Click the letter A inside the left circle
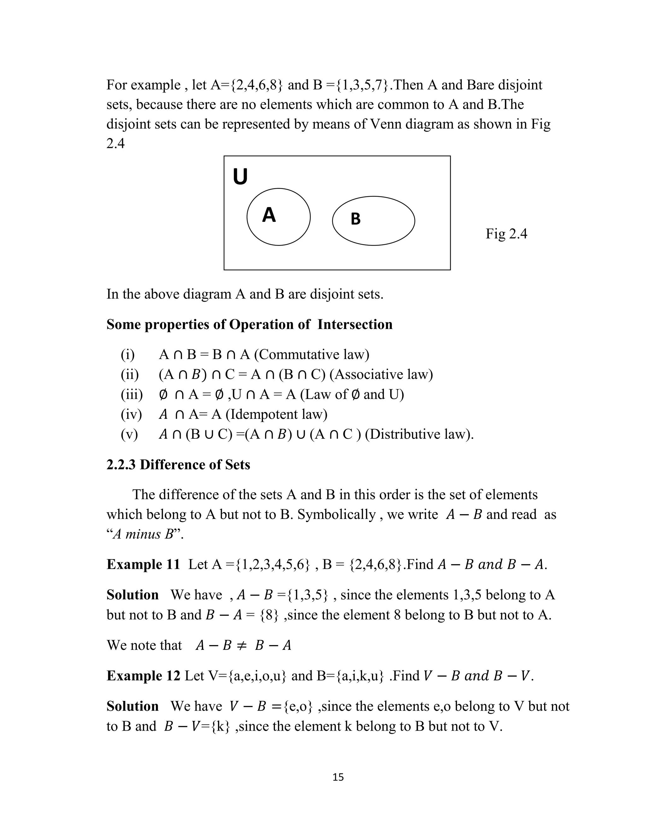[x=269, y=215]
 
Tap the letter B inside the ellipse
[x=355, y=219]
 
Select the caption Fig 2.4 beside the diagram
[x=506, y=233]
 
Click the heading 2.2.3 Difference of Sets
[x=178, y=465]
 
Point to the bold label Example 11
[x=143, y=564]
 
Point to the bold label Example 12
[x=143, y=676]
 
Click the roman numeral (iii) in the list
[x=131, y=394]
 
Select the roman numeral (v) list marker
[x=129, y=434]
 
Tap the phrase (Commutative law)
[x=312, y=355]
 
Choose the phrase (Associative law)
[x=381, y=374]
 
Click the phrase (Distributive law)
[x=419, y=434]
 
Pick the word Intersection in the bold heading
[x=355, y=325]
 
